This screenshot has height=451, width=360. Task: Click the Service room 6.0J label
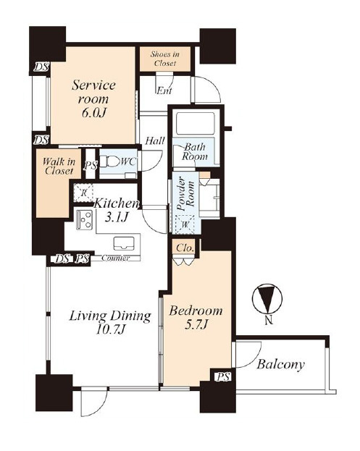pyautogui.click(x=93, y=98)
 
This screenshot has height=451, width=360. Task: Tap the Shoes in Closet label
pyautogui.click(x=165, y=59)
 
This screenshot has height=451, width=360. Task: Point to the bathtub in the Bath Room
pyautogui.click(x=195, y=123)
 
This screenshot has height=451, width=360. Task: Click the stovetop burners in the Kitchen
pyautogui.click(x=84, y=220)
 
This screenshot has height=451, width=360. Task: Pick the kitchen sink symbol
pyautogui.click(x=124, y=244)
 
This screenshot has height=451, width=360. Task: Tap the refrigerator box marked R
pyautogui.click(x=83, y=193)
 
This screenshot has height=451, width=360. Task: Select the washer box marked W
pyautogui.click(x=185, y=224)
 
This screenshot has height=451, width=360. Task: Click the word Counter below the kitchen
pyautogui.click(x=115, y=258)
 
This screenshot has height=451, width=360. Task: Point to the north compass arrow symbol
pyautogui.click(x=267, y=299)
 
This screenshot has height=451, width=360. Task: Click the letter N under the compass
pyautogui.click(x=269, y=320)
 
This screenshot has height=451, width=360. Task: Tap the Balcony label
pyautogui.click(x=280, y=364)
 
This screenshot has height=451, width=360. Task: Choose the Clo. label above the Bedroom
pyautogui.click(x=185, y=248)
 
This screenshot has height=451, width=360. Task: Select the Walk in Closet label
pyautogui.click(x=59, y=166)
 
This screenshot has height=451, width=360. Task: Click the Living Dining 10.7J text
pyautogui.click(x=110, y=322)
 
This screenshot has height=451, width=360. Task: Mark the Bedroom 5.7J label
pyautogui.click(x=196, y=317)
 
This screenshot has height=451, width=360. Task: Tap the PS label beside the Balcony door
pyautogui.click(x=223, y=376)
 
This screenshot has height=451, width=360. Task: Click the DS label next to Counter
pyautogui.click(x=62, y=259)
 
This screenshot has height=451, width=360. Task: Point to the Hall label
pyautogui.click(x=155, y=141)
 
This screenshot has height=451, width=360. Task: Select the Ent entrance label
pyautogui.click(x=164, y=90)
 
